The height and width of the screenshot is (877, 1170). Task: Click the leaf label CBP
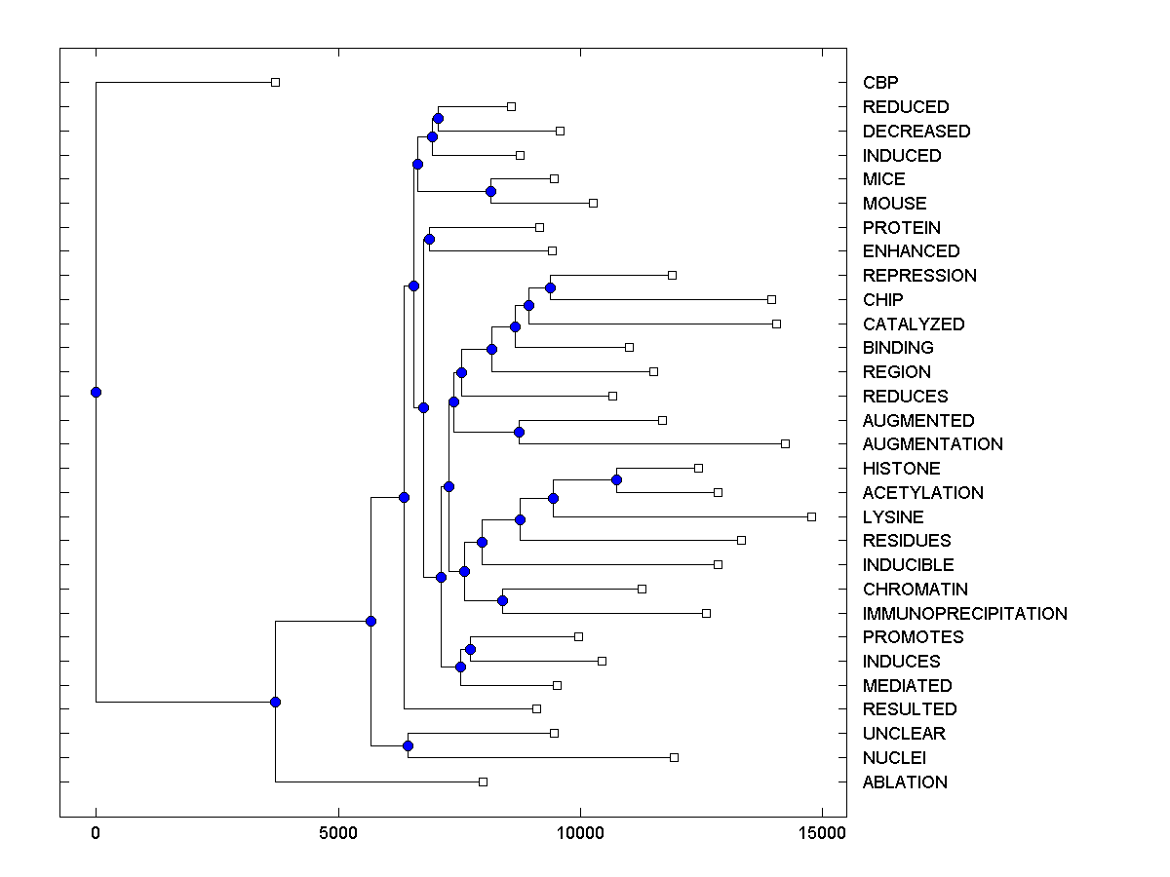(x=880, y=83)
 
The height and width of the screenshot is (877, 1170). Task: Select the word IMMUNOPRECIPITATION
(x=964, y=613)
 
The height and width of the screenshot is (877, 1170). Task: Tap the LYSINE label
(x=893, y=516)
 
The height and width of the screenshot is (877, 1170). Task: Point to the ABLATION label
(x=905, y=782)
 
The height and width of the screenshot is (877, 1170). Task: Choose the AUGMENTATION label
(x=932, y=444)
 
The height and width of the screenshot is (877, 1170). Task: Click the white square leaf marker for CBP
(x=275, y=83)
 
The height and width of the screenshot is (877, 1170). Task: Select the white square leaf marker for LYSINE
(x=811, y=516)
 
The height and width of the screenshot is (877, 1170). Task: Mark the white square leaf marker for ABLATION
(x=483, y=782)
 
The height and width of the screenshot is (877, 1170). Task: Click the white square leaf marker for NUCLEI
(x=674, y=757)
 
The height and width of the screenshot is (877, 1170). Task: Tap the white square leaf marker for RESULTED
(x=536, y=708)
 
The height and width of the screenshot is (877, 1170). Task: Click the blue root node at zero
(x=96, y=392)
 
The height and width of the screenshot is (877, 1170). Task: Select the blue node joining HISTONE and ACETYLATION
(x=616, y=479)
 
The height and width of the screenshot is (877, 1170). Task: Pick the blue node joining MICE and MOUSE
(x=490, y=191)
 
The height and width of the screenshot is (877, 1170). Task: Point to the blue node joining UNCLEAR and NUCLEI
(x=408, y=745)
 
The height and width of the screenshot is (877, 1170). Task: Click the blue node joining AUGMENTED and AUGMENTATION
(x=520, y=432)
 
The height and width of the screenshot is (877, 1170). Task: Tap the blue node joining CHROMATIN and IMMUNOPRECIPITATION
(x=502, y=600)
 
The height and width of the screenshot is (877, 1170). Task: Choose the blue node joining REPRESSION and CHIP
(x=550, y=287)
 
